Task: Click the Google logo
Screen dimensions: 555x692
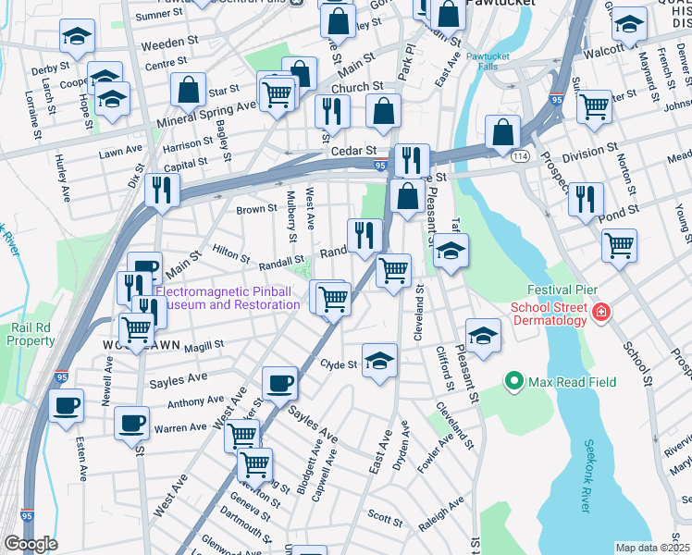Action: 31,544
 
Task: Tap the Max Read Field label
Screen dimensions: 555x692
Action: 572,381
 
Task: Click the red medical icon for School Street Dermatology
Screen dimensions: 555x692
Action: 601,314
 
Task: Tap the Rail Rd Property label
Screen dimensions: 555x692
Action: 32,333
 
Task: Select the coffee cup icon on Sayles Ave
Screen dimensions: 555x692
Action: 279,383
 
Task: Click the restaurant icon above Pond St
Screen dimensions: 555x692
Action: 586,198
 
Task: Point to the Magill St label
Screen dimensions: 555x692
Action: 204,345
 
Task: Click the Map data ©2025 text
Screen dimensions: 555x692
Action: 653,548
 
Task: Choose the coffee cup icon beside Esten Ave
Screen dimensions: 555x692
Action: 66,405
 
